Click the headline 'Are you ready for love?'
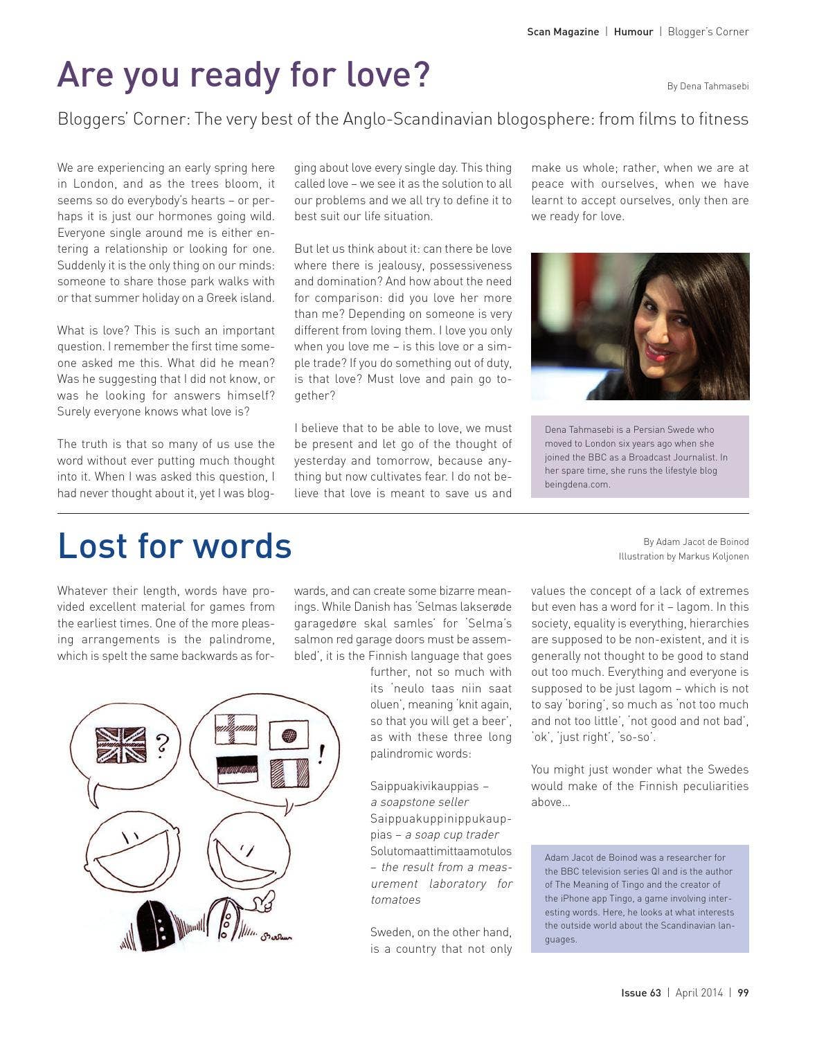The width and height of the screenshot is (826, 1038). point(244,75)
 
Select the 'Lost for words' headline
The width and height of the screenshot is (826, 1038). point(174,546)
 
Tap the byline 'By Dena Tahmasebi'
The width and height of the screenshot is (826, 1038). point(708,87)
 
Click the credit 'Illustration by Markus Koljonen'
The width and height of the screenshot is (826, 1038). point(683,557)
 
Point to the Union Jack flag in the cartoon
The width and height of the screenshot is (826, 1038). point(121,745)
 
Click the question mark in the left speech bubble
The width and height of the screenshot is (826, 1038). point(162,746)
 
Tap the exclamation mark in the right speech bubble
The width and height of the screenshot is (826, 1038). point(321,753)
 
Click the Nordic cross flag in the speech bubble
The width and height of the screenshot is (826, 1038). point(235,729)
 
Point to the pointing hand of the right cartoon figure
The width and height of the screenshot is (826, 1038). point(263,904)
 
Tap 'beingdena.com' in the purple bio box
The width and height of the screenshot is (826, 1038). point(577,484)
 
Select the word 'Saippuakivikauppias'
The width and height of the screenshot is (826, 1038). point(424,786)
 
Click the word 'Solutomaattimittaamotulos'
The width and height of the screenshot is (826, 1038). point(441,851)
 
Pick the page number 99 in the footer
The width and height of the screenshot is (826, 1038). point(743,992)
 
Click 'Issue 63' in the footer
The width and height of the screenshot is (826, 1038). point(640,992)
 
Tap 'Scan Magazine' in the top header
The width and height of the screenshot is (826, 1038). point(563,32)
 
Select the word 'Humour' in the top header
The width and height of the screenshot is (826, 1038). point(633,32)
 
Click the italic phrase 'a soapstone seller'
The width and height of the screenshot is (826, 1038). point(420,802)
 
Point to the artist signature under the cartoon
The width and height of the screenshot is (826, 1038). point(276,938)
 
